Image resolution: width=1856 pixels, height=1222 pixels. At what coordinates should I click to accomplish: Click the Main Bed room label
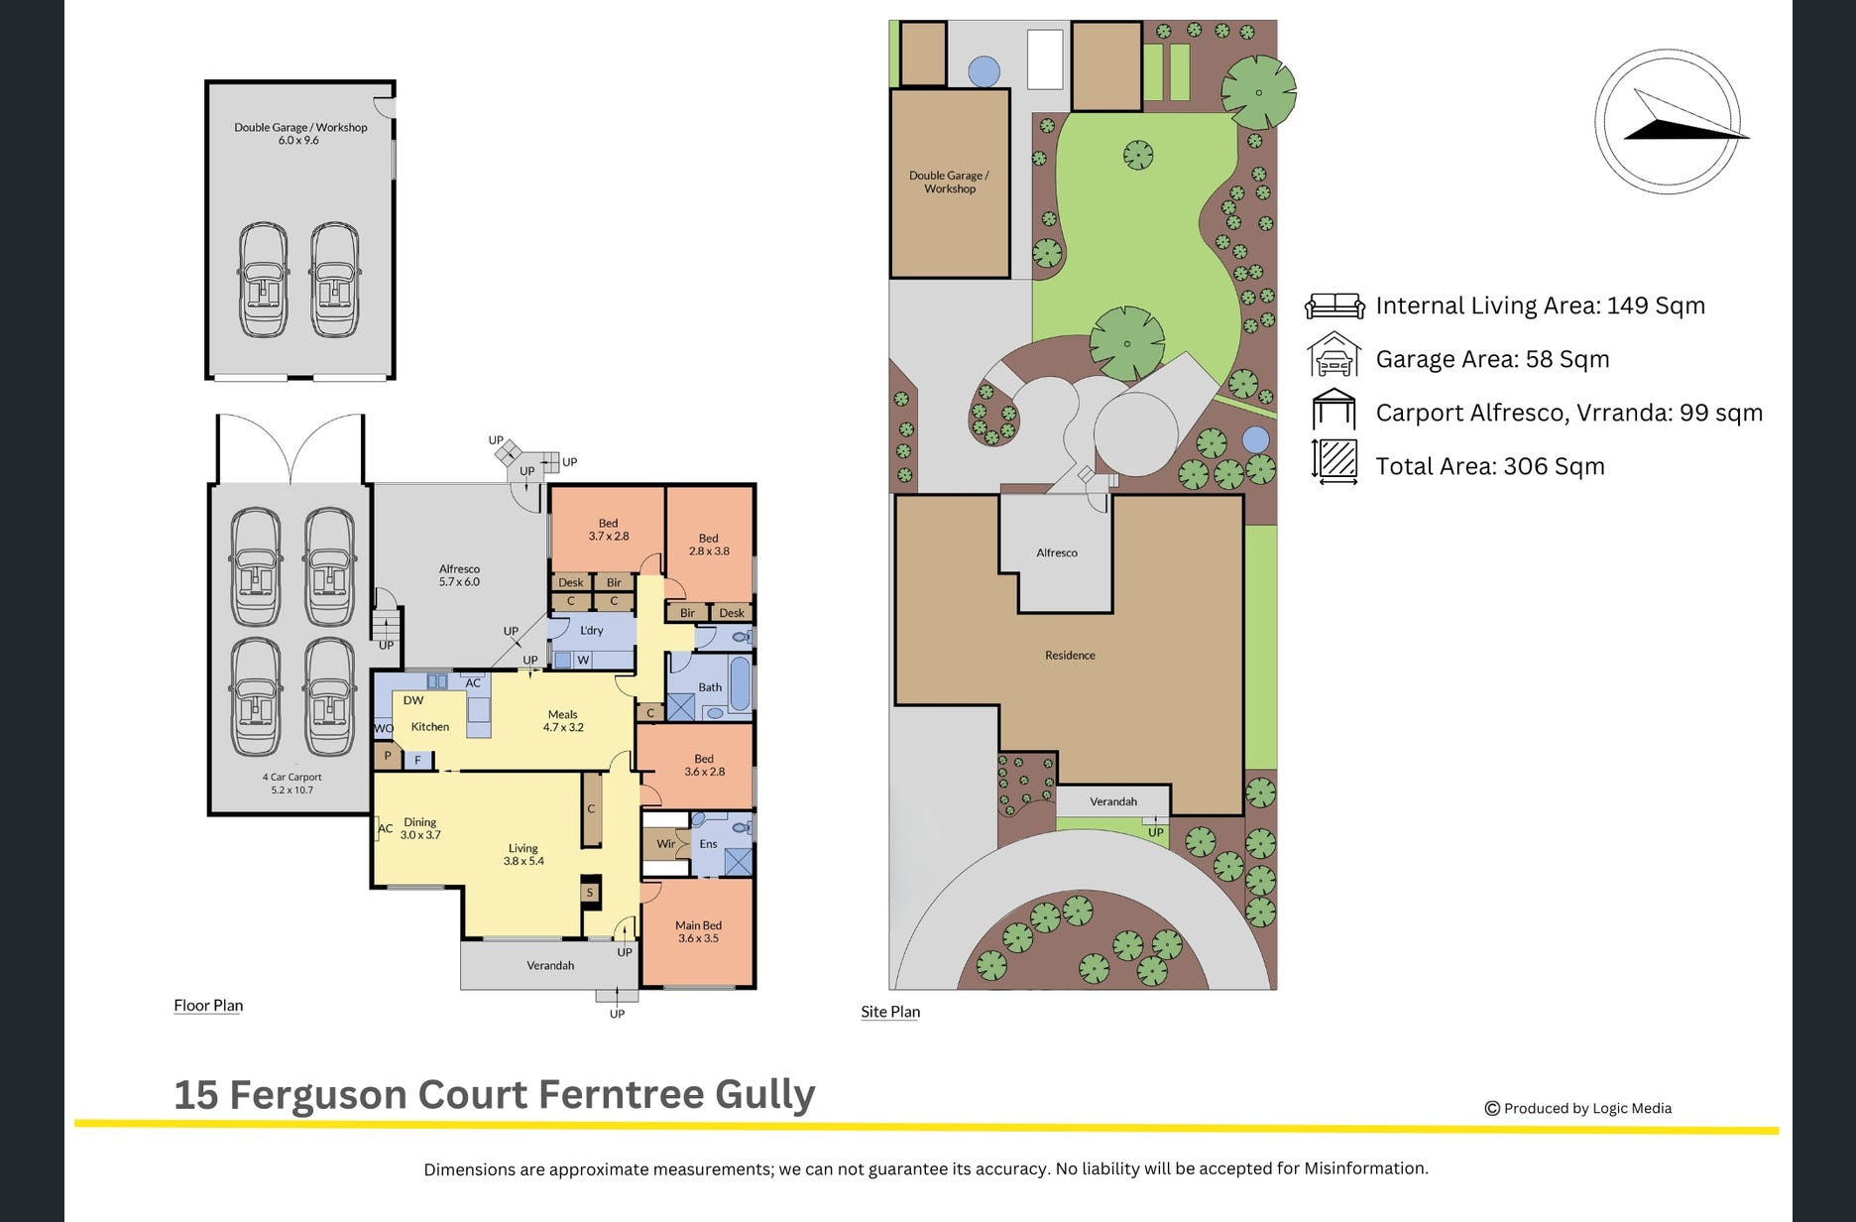(x=698, y=931)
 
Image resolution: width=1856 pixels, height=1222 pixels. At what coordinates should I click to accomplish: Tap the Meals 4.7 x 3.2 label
(x=563, y=720)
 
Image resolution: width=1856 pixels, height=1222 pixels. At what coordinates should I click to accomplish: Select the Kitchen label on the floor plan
(x=430, y=726)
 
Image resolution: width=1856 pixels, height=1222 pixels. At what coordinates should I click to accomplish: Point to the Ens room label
(x=708, y=844)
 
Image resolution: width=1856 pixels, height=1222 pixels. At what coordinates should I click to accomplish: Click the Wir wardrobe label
(x=666, y=844)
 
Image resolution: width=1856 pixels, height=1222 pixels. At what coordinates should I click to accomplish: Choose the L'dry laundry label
(x=592, y=630)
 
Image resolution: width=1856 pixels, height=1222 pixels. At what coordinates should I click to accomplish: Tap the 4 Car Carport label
(x=291, y=784)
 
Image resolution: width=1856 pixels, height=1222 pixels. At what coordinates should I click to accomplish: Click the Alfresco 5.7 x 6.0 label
(x=459, y=575)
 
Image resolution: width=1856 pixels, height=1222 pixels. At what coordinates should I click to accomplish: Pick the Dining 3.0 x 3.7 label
(x=420, y=828)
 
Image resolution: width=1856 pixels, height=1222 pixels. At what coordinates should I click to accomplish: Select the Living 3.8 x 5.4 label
(x=523, y=854)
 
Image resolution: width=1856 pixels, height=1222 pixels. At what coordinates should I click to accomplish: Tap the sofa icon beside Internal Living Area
(x=1334, y=305)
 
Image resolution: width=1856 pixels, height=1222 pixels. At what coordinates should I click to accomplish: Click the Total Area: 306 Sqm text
(x=1490, y=466)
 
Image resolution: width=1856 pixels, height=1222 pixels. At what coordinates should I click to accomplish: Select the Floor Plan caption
(x=208, y=1005)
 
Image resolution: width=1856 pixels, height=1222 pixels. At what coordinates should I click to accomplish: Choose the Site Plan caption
(x=890, y=1011)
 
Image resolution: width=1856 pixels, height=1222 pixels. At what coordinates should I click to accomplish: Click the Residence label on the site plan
(x=1070, y=655)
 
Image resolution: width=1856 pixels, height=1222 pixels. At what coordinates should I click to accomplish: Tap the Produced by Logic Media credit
(x=1578, y=1108)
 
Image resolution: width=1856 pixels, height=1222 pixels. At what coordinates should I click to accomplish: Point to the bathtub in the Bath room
(x=740, y=683)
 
